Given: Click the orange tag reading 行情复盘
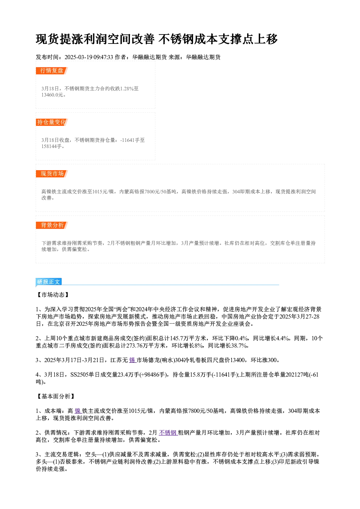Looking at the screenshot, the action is (x=52, y=71).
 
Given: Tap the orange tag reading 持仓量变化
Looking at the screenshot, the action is (x=52, y=122).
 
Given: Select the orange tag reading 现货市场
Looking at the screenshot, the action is (x=52, y=174).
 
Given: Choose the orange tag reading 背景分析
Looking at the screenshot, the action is (x=52, y=225).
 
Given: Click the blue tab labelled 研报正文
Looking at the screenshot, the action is (x=49, y=282).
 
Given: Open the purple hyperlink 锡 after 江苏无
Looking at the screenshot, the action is (x=132, y=360).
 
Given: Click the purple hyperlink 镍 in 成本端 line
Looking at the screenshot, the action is (x=78, y=411).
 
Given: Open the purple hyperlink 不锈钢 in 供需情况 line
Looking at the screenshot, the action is (x=168, y=433).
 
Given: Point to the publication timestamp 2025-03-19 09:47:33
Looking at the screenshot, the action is (x=89, y=57).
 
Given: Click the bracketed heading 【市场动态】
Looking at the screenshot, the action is (x=53, y=295).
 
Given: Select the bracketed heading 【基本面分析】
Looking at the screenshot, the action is (x=56, y=396).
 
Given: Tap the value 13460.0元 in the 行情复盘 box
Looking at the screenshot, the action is (x=52, y=95).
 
